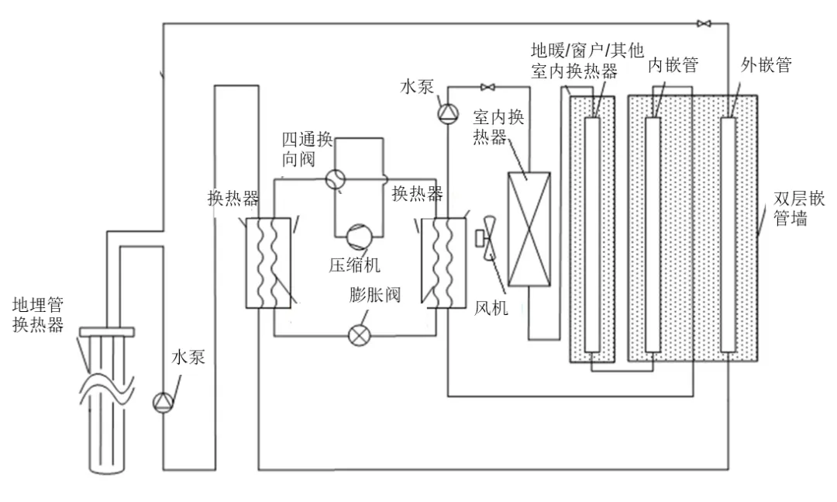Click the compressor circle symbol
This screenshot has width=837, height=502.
coord(359,237)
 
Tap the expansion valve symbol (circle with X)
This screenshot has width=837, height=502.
coord(359,335)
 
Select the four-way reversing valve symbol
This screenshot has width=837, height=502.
coord(336,179)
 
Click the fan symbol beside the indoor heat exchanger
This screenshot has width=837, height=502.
coord(487,238)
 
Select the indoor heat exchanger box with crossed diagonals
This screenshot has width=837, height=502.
coord(529,230)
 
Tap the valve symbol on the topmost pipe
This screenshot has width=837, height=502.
coord(704,23)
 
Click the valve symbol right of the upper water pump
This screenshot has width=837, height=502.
coord(487,87)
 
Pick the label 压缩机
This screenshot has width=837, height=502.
coord(354,265)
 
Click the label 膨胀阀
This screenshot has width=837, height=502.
coord(375,295)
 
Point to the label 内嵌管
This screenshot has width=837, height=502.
coord(673,64)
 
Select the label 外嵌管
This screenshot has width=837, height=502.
coord(766,64)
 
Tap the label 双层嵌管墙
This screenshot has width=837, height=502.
coord(799,209)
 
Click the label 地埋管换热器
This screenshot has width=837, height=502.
coord(38,315)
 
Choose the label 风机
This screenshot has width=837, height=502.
coord(491,307)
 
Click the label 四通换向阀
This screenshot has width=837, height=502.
coord(307,149)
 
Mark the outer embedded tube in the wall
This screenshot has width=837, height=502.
coord(728,234)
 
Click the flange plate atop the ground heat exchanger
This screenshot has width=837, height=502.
coord(107,332)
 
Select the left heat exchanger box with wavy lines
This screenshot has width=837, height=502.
coord(268,262)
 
